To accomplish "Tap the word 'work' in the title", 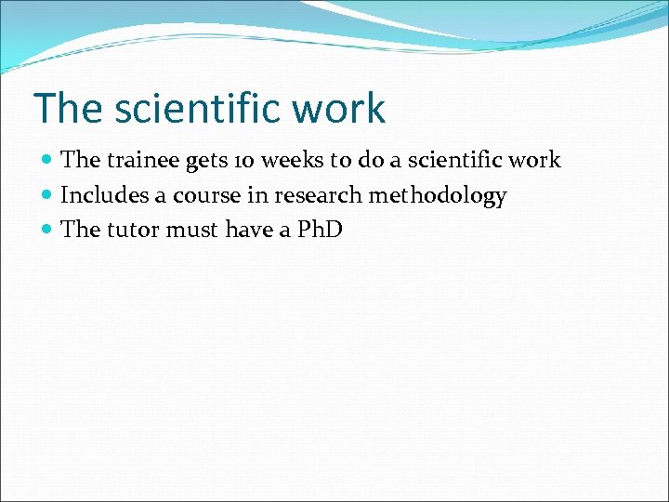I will pos(338,109).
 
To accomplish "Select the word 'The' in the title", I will pos(67,109).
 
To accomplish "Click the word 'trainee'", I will pos(143,160).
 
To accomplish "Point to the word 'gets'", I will pos(206,161).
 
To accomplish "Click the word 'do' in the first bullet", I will pos(370,160).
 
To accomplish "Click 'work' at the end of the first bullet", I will pos(536,160).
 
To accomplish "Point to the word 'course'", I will pos(204,195).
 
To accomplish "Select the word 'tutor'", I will pos(133,230).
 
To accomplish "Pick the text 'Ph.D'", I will pos(319,230).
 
